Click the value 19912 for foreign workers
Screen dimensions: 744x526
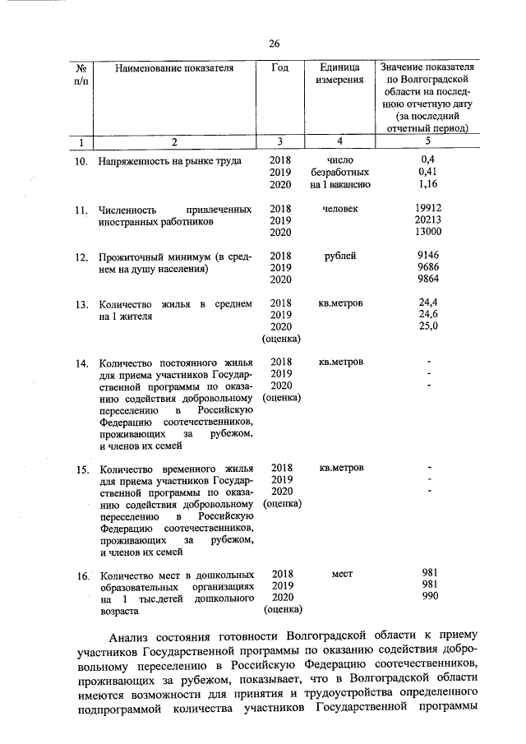428,210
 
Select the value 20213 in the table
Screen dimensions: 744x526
428,221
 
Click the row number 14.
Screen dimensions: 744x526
81,363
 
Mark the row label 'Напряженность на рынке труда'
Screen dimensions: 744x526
169,162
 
